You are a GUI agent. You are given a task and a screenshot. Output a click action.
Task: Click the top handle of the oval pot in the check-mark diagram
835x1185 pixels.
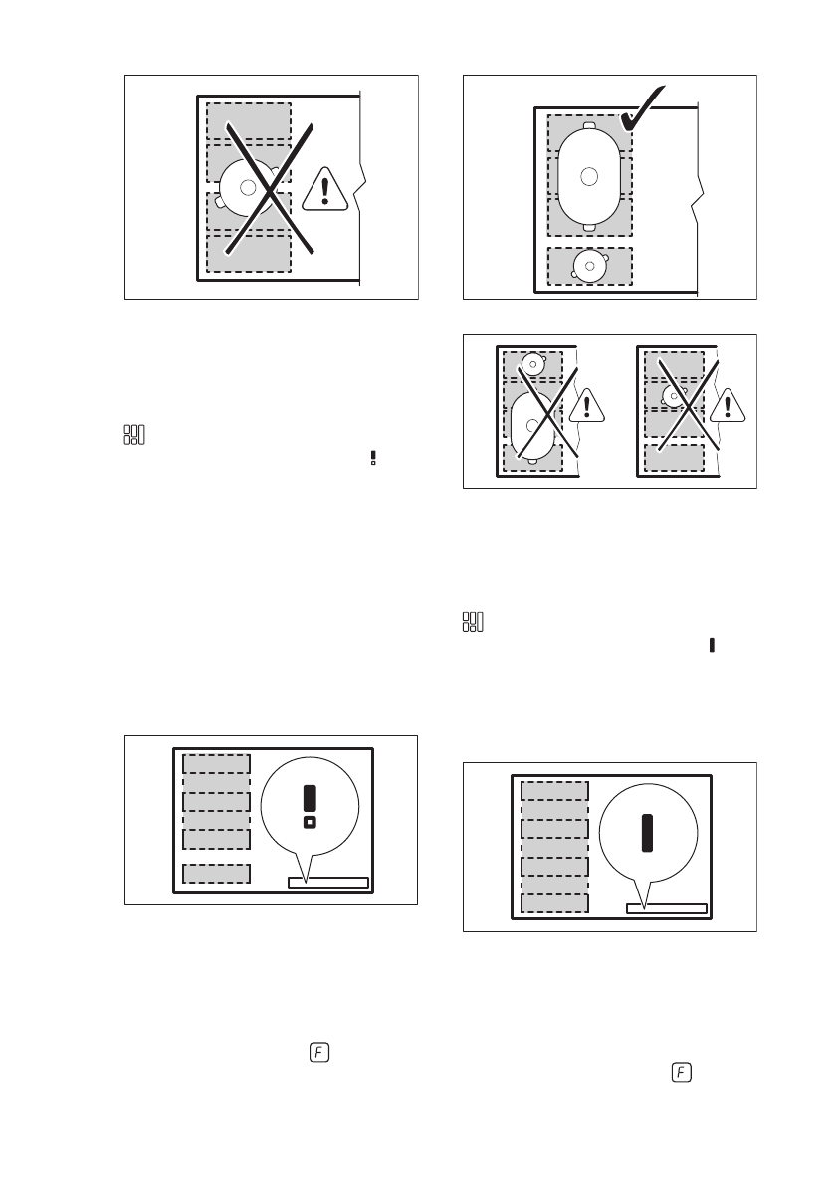coord(589,126)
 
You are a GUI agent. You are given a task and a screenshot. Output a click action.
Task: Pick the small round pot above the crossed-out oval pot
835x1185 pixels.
coord(534,364)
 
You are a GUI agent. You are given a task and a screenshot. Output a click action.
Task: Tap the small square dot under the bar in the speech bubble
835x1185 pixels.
coord(310,822)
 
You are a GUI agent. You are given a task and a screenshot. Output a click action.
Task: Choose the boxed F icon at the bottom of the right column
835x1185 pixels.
coord(681,1072)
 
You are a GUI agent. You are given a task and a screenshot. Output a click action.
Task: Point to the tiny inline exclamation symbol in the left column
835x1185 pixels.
coord(373,458)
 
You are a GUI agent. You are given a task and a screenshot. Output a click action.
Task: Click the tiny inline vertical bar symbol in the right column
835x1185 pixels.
coord(713,645)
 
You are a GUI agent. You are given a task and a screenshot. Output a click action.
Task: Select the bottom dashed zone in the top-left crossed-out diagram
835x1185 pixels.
coord(248,253)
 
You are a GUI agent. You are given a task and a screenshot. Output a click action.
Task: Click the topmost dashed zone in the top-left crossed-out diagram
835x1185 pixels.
coord(248,122)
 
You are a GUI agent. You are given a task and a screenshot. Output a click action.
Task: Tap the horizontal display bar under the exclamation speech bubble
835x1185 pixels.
coord(327,882)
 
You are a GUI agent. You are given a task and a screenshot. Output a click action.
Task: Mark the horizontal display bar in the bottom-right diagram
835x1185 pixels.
coord(666,908)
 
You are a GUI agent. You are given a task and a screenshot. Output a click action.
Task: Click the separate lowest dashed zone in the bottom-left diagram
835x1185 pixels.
coord(216,873)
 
